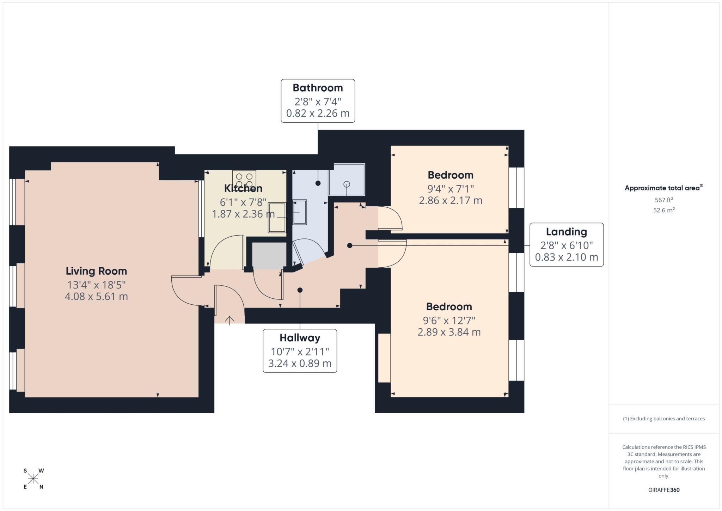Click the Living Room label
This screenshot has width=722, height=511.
point(96,271)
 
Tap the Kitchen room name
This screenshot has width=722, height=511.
point(243,188)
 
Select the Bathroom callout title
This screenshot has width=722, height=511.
point(318,88)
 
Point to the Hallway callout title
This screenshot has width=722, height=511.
point(300,338)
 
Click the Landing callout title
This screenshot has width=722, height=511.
point(567,232)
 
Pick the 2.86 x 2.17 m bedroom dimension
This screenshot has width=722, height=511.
point(451,200)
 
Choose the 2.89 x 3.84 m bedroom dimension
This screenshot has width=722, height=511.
point(449,332)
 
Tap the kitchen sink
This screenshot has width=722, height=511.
point(277,218)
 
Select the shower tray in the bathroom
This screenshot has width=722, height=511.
point(347,180)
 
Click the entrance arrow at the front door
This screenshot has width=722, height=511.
point(230,320)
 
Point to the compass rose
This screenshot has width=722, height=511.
point(33,479)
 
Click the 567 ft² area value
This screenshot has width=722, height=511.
point(664,200)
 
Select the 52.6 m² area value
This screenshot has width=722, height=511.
point(664,210)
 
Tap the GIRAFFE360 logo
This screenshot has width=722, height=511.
point(664,490)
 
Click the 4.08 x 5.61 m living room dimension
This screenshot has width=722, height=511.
point(96,296)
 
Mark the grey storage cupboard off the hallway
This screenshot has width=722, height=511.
point(269,255)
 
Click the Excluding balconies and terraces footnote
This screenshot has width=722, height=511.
point(664,419)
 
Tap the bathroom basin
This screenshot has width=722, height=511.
point(300,212)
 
